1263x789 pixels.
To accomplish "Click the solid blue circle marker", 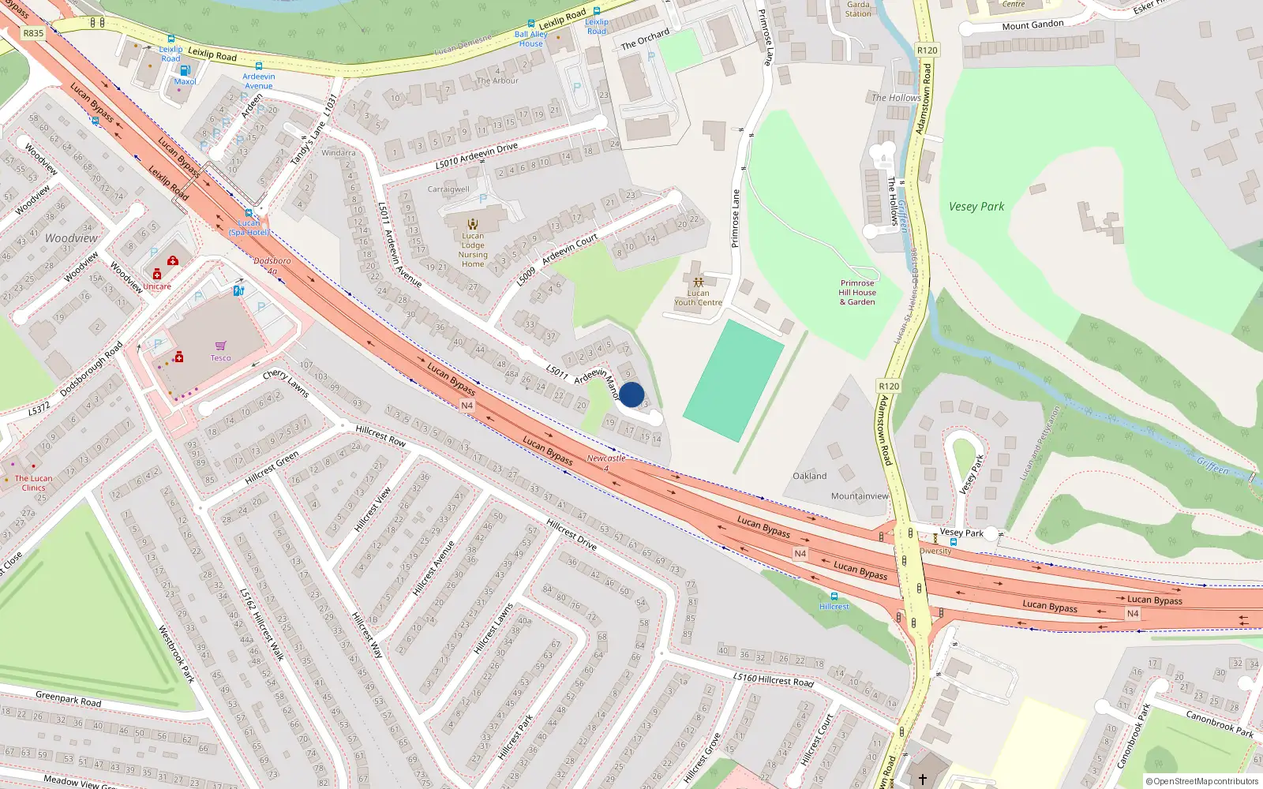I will click(631, 394).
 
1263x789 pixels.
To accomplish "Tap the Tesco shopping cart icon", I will click(220, 346).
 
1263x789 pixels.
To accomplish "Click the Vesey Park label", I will click(976, 207).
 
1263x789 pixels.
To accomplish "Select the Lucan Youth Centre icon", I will click(698, 282).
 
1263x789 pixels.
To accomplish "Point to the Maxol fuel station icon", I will click(185, 70).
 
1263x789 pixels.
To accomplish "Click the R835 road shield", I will click(33, 33).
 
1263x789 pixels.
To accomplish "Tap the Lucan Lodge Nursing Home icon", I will click(473, 224).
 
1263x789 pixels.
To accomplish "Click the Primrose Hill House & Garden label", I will click(857, 293).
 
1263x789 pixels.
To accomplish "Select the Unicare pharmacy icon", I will click(157, 275).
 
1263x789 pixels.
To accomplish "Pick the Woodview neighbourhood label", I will click(72, 238).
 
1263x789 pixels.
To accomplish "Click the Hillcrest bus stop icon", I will click(834, 596).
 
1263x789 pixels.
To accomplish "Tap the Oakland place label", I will click(810, 477).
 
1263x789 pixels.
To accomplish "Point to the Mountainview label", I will click(860, 496).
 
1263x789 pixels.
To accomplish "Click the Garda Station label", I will click(858, 9).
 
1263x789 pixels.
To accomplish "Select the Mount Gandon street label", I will click(1033, 25).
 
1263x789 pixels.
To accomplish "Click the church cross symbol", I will click(922, 780).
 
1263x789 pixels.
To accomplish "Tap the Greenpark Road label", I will click(69, 698).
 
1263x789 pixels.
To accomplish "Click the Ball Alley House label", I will click(530, 39).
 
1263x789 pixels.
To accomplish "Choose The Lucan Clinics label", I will click(33, 483).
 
